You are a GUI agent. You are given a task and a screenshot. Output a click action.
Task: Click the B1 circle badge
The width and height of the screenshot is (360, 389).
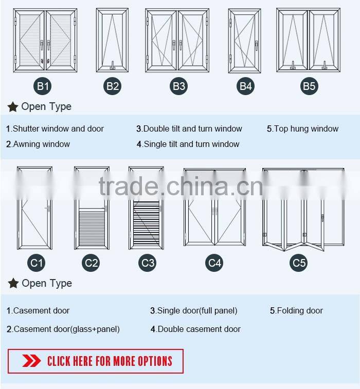coord(43,86)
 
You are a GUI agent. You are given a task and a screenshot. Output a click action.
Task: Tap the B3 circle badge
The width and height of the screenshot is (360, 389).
coord(179,86)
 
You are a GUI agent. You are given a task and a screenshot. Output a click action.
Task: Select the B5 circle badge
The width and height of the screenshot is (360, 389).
coord(309,86)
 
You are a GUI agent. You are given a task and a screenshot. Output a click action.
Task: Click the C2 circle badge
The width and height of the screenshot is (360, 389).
coord(91,263)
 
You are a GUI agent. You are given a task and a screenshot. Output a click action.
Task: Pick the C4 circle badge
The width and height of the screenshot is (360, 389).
coord(214,263)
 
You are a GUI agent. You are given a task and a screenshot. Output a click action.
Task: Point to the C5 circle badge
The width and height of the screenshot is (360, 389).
coord(299,263)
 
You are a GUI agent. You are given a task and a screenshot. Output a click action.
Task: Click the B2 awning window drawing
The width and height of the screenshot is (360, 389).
coord(112,40)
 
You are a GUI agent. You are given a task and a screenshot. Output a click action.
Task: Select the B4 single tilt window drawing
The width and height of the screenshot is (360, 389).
coord(245,41)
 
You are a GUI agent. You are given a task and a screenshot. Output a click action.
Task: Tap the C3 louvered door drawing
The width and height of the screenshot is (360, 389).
coord(146,208)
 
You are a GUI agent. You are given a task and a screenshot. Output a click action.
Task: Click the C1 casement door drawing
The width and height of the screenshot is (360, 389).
coord(34,208)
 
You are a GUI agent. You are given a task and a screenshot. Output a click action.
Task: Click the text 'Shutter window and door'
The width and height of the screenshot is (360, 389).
coord(58,129)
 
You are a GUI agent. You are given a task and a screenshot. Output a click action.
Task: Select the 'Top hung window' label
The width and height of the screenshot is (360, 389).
coord(307,129)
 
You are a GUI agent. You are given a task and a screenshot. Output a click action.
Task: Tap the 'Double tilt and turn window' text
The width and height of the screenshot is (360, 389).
coord(193,129)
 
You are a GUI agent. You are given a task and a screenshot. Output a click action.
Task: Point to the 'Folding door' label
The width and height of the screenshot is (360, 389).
coord(300,310)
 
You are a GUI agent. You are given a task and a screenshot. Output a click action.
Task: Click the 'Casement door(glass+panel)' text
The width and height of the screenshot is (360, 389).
coord(66,329)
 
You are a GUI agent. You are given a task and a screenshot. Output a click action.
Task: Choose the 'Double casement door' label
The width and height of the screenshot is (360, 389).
coord(199,329)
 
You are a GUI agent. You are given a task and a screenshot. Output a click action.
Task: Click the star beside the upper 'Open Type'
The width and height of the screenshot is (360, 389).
coord(13,107)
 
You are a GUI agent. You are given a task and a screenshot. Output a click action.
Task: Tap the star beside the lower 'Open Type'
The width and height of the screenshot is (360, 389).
coord(13,283)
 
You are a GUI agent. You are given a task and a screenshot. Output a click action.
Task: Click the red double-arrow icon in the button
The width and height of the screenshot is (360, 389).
coord(31,361)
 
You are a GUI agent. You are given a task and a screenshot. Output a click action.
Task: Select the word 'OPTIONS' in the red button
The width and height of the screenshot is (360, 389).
coord(155,361)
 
